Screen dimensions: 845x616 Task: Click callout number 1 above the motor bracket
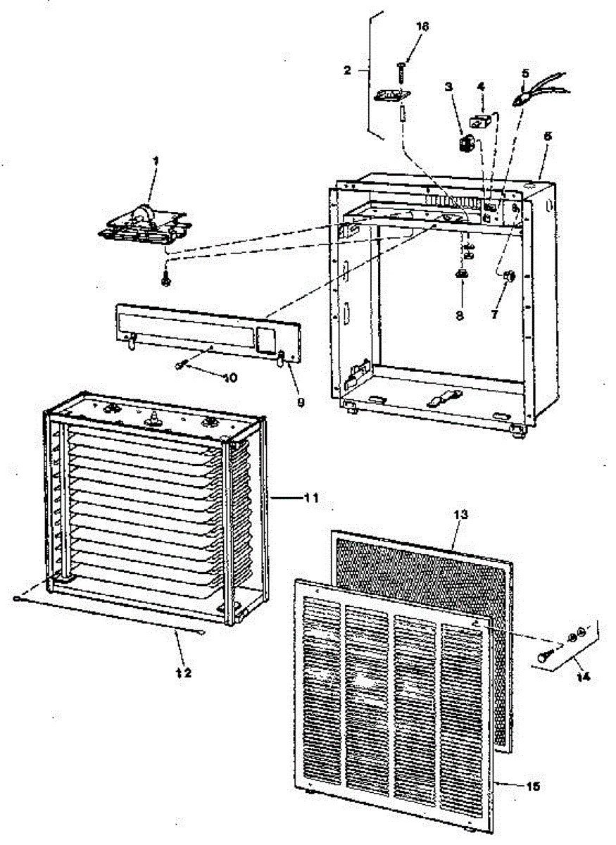click(156, 161)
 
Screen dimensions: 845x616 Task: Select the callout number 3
click(448, 87)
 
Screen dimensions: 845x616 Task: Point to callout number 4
click(481, 87)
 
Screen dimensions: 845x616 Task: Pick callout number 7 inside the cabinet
click(494, 315)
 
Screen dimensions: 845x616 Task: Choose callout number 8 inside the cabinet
click(459, 316)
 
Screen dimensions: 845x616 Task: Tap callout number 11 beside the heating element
click(311, 498)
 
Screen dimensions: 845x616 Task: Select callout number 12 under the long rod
click(183, 672)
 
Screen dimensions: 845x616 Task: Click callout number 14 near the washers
click(582, 677)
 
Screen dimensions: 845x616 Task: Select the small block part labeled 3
click(464, 145)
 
